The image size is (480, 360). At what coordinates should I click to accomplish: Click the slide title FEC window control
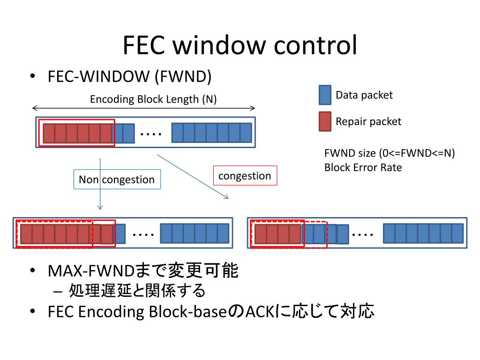coord(240,45)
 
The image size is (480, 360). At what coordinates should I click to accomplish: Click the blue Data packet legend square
coord(325,95)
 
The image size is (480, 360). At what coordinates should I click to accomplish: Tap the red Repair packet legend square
coord(325,121)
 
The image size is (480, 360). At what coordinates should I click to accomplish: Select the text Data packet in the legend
coord(364,95)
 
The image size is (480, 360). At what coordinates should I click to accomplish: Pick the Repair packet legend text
coord(368,122)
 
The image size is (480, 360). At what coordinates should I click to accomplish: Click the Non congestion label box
coord(117,180)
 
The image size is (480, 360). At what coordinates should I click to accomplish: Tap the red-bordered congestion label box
coord(245,176)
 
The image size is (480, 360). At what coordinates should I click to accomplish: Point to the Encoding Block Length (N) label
coord(153,99)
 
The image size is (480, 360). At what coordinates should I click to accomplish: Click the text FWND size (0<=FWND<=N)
coord(390,153)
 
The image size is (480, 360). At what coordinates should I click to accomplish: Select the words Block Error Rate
coord(363,167)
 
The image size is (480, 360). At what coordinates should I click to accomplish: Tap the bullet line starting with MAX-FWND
coord(143,271)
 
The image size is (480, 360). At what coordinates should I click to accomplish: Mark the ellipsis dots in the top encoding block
coord(151,134)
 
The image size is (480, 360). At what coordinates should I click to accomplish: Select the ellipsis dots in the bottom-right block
coord(362,233)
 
